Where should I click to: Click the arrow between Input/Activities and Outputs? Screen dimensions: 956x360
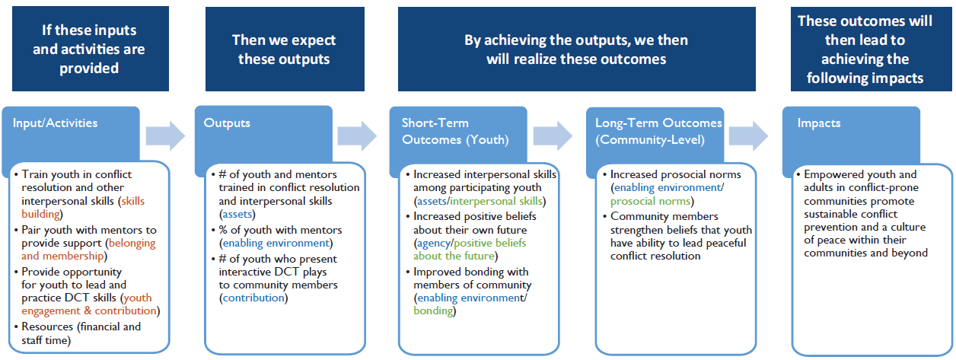click(x=165, y=136)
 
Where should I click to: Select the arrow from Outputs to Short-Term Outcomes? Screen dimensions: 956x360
click(x=357, y=136)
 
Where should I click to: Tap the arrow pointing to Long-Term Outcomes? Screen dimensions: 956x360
click(x=553, y=136)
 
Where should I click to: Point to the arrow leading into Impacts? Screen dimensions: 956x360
click(x=748, y=136)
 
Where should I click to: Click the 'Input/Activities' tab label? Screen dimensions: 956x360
click(x=55, y=123)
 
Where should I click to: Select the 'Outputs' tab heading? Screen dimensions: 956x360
click(x=227, y=123)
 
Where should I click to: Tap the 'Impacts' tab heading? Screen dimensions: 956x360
click(x=818, y=123)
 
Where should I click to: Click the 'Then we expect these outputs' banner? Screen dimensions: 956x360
click(x=285, y=49)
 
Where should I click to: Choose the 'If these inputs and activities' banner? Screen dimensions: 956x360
click(x=91, y=49)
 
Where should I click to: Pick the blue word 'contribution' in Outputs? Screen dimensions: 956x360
click(x=253, y=298)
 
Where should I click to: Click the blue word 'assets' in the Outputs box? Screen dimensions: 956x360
click(x=237, y=214)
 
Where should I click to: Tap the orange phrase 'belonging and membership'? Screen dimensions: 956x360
click(x=89, y=250)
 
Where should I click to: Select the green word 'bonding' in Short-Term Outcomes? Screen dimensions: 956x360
click(x=433, y=311)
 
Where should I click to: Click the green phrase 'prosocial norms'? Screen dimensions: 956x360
click(x=650, y=201)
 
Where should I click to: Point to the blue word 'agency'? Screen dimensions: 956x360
click(x=434, y=244)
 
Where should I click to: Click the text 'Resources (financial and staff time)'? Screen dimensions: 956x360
click(x=81, y=333)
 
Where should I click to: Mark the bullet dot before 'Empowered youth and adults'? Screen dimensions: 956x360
click(x=798, y=175)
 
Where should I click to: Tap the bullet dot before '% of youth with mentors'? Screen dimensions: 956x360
click(x=213, y=231)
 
